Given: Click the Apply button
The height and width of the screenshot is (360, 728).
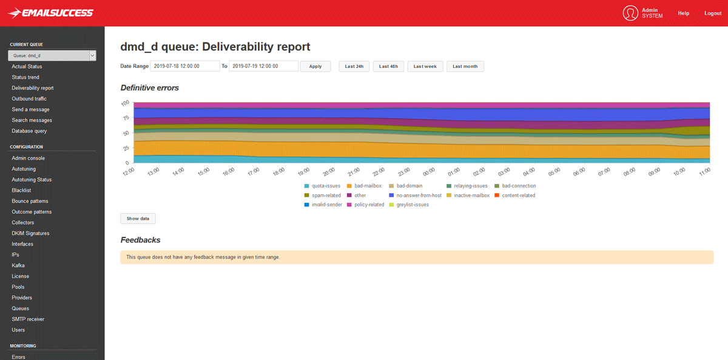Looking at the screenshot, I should pyautogui.click(x=315, y=66).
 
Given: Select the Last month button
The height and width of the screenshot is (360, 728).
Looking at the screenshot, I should pyautogui.click(x=465, y=66).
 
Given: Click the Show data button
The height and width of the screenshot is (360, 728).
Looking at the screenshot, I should pyautogui.click(x=138, y=219).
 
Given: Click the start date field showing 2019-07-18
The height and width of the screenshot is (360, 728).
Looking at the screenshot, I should pyautogui.click(x=184, y=66).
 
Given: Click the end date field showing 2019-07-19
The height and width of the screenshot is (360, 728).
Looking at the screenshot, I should pyautogui.click(x=263, y=66).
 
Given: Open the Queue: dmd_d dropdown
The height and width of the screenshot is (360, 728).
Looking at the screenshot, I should pyautogui.click(x=52, y=56).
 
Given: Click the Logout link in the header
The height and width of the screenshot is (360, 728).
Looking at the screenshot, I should pyautogui.click(x=713, y=13).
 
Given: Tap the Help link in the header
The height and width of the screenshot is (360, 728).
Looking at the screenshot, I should pyautogui.click(x=684, y=13).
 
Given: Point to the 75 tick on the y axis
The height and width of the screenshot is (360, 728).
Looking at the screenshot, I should pyautogui.click(x=126, y=118).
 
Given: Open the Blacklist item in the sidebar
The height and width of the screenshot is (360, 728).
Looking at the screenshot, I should pyautogui.click(x=21, y=191).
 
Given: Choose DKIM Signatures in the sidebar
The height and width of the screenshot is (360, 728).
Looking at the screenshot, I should pyautogui.click(x=30, y=233).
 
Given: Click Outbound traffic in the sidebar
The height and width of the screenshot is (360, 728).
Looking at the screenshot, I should pyautogui.click(x=29, y=99).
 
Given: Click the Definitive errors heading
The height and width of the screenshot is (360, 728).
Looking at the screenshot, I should pyautogui.click(x=150, y=88).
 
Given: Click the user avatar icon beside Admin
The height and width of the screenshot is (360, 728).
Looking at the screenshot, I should pyautogui.click(x=630, y=13).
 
